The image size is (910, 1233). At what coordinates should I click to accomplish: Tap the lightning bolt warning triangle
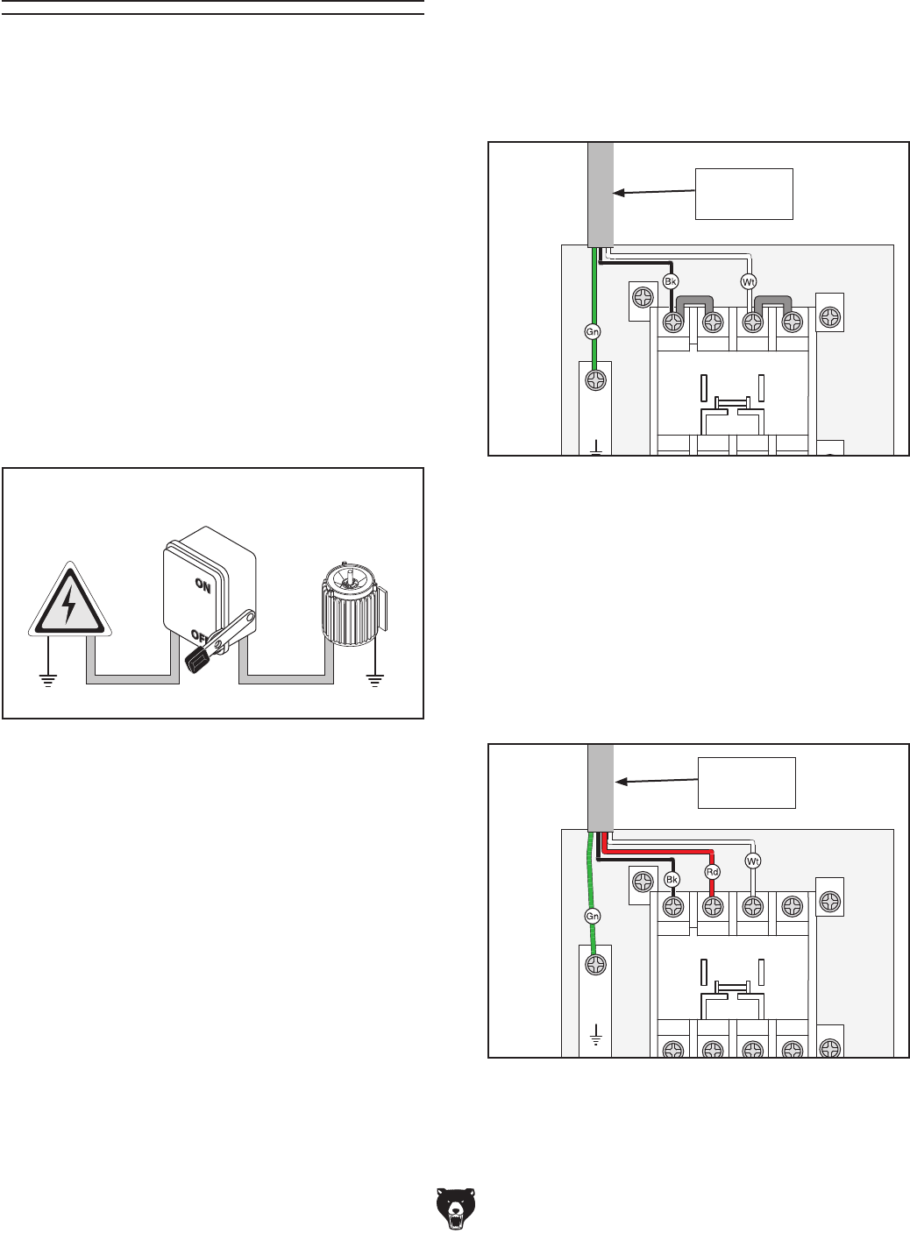pos(69,601)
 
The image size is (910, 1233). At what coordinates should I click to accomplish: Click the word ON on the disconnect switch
pos(202,588)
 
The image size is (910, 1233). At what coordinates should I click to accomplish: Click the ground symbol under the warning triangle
pos(47,677)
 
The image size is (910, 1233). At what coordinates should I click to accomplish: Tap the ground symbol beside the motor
pos(375,677)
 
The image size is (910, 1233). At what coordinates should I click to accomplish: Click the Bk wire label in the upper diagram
pos(671,282)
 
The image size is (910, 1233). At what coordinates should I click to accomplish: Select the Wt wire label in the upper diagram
pos(749,282)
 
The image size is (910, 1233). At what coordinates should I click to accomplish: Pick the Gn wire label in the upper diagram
pos(594,332)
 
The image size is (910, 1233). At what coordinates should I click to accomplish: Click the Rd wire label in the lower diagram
pos(712,872)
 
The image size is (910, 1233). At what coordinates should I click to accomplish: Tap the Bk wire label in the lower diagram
pos(672,879)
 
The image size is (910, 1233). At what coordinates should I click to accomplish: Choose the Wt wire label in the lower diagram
pos(752,861)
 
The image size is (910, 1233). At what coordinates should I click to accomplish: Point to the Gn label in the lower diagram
pos(593,916)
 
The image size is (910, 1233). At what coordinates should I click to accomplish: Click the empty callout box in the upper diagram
pos(743,194)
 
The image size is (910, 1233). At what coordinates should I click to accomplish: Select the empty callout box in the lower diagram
pos(746,783)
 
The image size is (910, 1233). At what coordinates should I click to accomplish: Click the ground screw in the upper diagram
pos(595,381)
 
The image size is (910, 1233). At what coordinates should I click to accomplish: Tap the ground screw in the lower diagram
pos(595,965)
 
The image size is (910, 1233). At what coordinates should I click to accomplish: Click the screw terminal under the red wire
pos(712,906)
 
